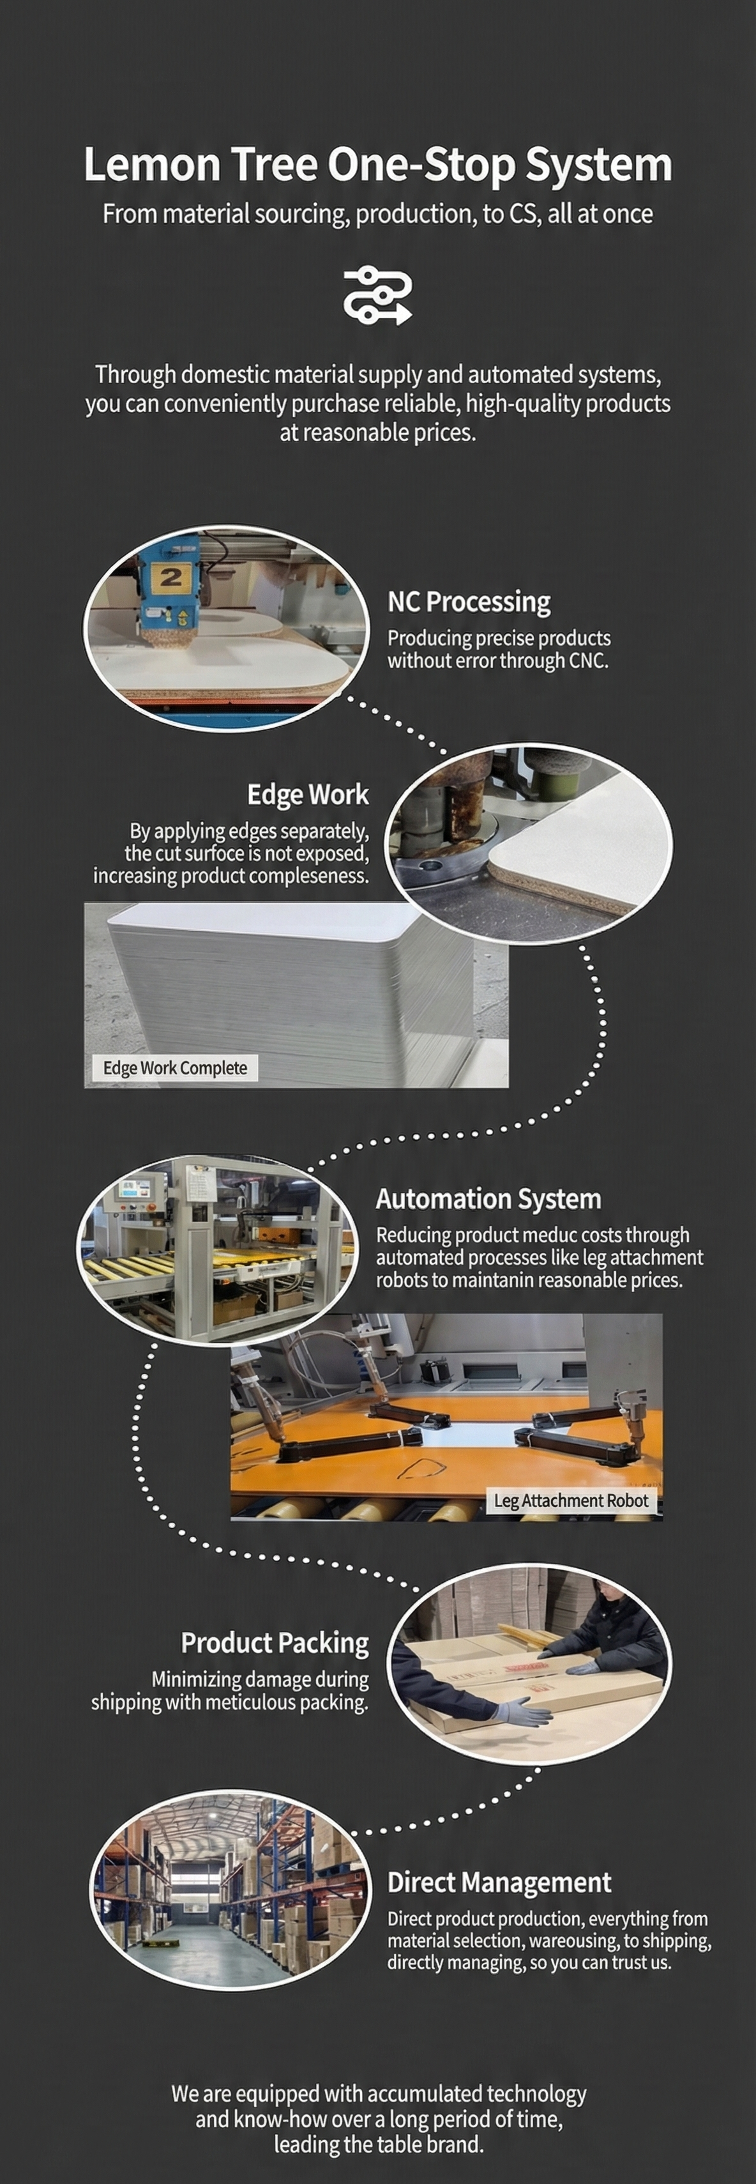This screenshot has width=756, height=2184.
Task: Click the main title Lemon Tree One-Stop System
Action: pyautogui.click(x=378, y=164)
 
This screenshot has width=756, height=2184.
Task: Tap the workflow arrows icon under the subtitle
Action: pyautogui.click(x=378, y=296)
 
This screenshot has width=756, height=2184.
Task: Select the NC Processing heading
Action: pyautogui.click(x=469, y=602)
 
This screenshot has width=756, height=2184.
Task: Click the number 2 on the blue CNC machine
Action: pyautogui.click(x=171, y=577)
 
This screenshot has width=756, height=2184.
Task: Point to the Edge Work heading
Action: pyautogui.click(x=308, y=795)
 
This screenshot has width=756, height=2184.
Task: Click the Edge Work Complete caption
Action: pyautogui.click(x=174, y=1067)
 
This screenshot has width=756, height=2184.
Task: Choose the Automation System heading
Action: pyautogui.click(x=488, y=1199)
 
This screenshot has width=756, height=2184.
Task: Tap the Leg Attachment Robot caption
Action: pyautogui.click(x=570, y=1500)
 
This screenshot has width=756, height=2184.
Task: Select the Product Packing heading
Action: pyautogui.click(x=275, y=1643)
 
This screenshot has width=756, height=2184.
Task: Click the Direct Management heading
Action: pyautogui.click(x=499, y=1882)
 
